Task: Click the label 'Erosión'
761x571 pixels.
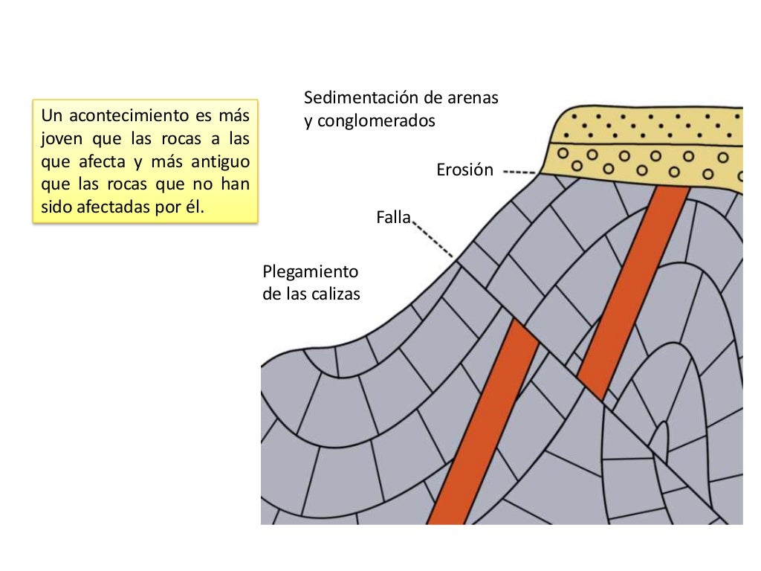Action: pos(464,170)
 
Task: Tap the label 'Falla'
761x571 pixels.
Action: pos(393,218)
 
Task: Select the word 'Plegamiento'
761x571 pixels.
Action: pos(311,271)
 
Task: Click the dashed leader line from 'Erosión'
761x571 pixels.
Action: pos(520,172)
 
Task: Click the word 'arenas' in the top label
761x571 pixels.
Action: pos(473,98)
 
